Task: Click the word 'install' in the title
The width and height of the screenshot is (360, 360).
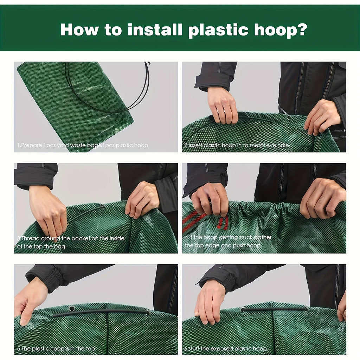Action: tap(155, 30)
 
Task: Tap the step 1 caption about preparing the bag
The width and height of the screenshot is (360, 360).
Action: tap(83, 145)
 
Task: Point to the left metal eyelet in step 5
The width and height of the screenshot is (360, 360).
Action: tap(72, 308)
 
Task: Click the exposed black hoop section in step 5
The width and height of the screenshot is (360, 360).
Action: tap(102, 312)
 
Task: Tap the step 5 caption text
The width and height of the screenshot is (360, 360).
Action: tap(56, 349)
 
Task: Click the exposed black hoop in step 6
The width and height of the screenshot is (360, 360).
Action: tap(274, 309)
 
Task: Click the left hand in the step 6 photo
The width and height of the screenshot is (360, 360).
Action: tap(210, 302)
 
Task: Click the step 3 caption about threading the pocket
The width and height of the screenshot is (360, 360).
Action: tap(70, 242)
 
